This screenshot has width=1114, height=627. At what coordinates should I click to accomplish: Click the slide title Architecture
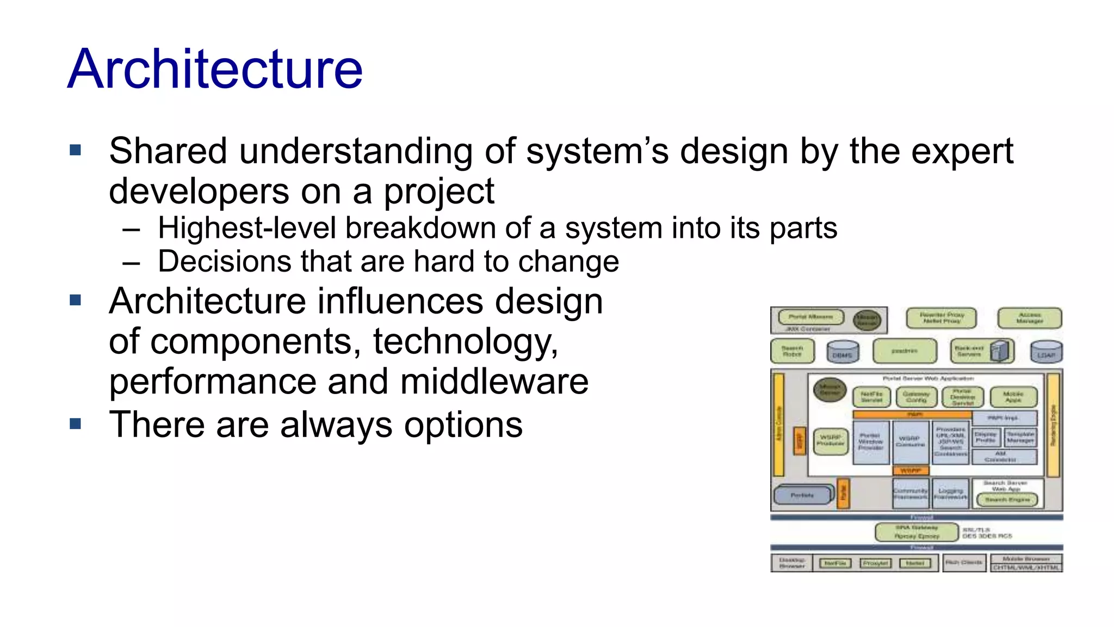pyautogui.click(x=215, y=69)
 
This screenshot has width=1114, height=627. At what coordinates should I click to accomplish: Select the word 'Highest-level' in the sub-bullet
pyautogui.click(x=247, y=228)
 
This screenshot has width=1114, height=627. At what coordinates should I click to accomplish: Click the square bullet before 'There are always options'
pyautogui.click(x=76, y=423)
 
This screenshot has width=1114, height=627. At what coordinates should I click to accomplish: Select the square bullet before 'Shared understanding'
pyautogui.click(x=76, y=150)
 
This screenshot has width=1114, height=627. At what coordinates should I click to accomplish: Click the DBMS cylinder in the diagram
pyautogui.click(x=843, y=352)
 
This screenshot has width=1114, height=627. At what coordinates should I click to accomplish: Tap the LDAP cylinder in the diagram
pyautogui.click(x=1046, y=352)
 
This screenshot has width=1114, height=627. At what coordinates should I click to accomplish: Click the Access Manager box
pyautogui.click(x=1029, y=318)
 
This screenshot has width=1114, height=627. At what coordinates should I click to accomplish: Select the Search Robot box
pyautogui.click(x=792, y=351)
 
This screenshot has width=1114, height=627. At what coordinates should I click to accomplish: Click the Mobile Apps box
pyautogui.click(x=1013, y=397)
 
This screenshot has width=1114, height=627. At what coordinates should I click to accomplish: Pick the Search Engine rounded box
pyautogui.click(x=1007, y=499)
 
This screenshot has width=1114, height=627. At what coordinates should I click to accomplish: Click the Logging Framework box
pyautogui.click(x=950, y=493)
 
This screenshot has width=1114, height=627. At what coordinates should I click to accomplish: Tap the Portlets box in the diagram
pyautogui.click(x=803, y=495)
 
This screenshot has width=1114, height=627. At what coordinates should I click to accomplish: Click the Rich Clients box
pyautogui.click(x=963, y=562)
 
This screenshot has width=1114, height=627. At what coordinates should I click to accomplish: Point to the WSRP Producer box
pyautogui.click(x=831, y=440)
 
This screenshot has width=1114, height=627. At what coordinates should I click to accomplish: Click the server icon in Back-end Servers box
pyautogui.click(x=999, y=351)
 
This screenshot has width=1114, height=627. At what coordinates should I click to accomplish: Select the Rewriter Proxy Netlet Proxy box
pyautogui.click(x=941, y=318)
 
